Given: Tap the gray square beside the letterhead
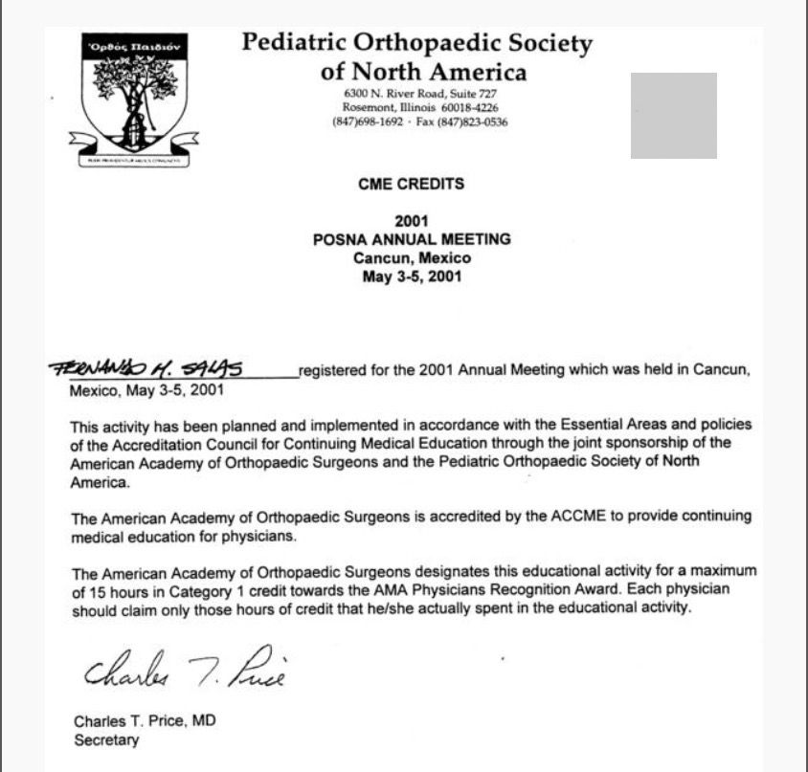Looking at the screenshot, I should tap(673, 115).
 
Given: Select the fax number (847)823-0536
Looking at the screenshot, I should tap(474, 122).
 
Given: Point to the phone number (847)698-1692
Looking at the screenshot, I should tap(368, 122).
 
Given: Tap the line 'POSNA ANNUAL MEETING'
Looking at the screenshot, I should tap(412, 240).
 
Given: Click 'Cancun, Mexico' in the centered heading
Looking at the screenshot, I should tap(412, 258).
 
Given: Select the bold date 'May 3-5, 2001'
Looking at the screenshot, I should tap(412, 277).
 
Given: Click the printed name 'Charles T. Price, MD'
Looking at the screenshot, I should tap(145, 720).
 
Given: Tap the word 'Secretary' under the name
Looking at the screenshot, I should tap(106, 739).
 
